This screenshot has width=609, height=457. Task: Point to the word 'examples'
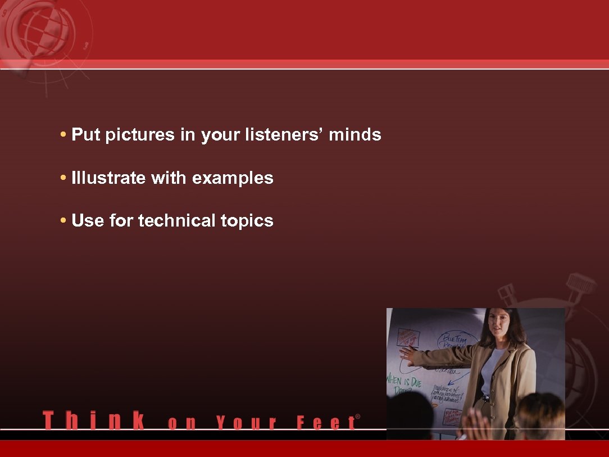(233, 178)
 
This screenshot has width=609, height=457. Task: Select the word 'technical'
(176, 221)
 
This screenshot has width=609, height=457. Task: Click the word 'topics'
(247, 221)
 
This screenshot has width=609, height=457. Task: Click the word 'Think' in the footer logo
(93, 420)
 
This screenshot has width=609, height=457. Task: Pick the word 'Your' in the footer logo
(246, 423)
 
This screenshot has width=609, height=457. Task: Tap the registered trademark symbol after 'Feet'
(358, 417)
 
